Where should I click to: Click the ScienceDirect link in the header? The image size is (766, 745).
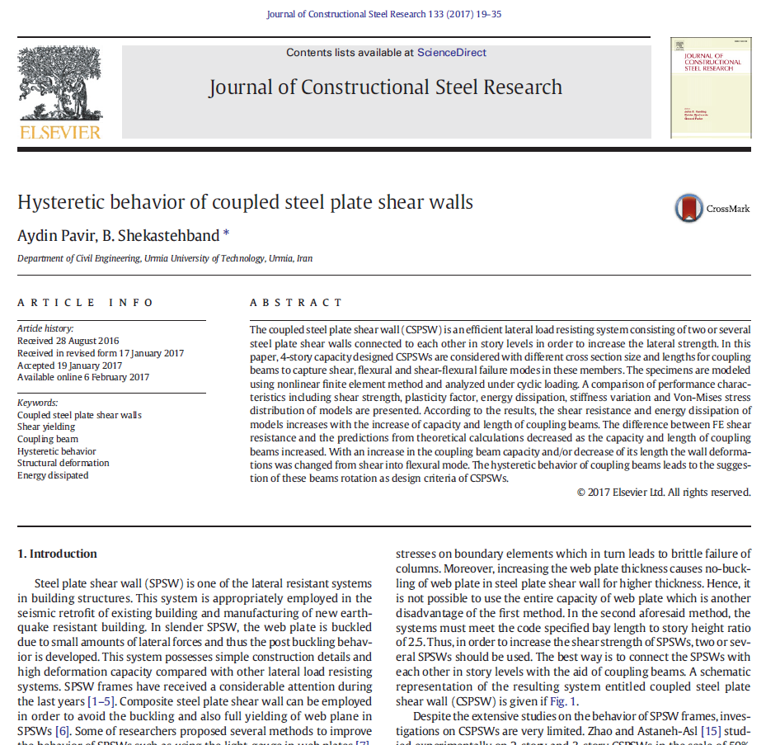[451, 53]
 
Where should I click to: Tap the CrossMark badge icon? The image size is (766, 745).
[688, 209]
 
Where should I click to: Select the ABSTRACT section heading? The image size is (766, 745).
[296, 303]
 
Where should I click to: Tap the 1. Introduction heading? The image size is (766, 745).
[57, 554]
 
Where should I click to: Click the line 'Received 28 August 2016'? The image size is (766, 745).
[68, 341]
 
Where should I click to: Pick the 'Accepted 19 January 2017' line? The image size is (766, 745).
[69, 365]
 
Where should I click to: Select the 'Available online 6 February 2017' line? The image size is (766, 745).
[83, 377]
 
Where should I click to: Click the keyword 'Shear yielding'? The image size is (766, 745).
[46, 427]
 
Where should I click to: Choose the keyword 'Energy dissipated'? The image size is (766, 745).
[53, 475]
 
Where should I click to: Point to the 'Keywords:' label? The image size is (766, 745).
[37, 403]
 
